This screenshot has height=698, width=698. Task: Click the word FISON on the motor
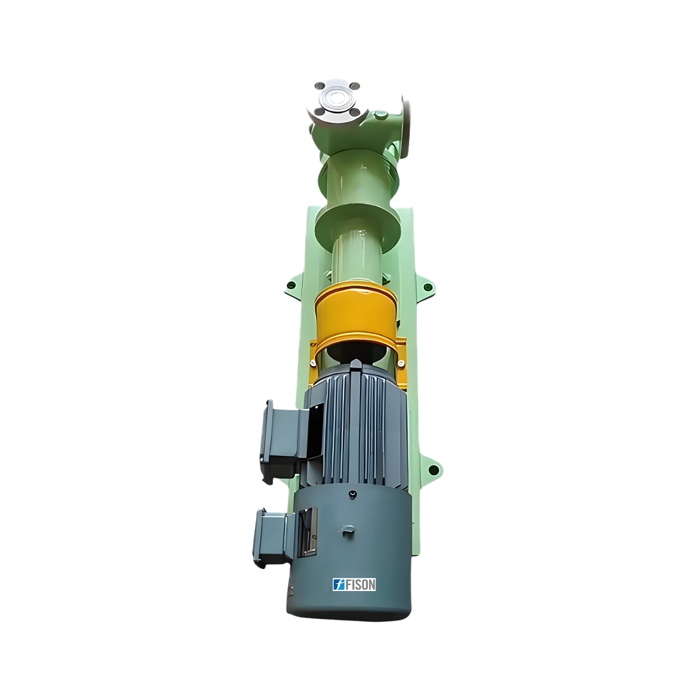361,585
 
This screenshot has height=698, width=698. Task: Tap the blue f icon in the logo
339,585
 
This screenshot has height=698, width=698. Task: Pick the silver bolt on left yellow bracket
313,362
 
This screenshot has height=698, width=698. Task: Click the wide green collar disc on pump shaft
358,224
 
